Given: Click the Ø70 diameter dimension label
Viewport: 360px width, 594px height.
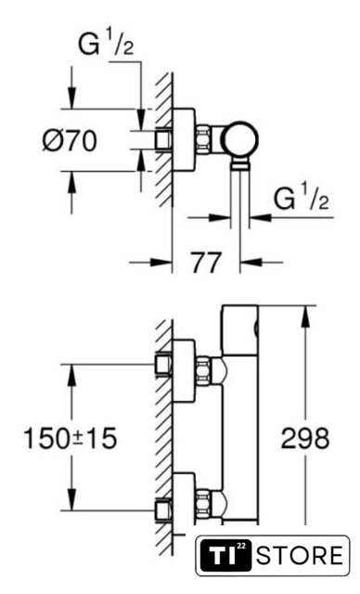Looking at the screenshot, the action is pos(70,140).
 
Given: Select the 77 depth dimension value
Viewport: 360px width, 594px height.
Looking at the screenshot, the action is pos(206,263).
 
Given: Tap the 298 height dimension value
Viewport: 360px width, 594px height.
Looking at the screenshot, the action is pos(305,439).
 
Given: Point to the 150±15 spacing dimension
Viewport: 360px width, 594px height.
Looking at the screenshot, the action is pos(70,439).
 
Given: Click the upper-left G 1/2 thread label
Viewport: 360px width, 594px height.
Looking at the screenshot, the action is pos(106,44).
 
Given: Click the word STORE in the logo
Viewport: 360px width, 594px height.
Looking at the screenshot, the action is pos(300,556).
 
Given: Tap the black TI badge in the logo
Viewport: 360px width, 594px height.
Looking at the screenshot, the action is pos(225,556).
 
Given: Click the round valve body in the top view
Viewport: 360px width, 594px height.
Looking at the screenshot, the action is pos(240,139).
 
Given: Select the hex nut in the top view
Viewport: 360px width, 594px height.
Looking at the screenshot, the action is pos(203,139).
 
